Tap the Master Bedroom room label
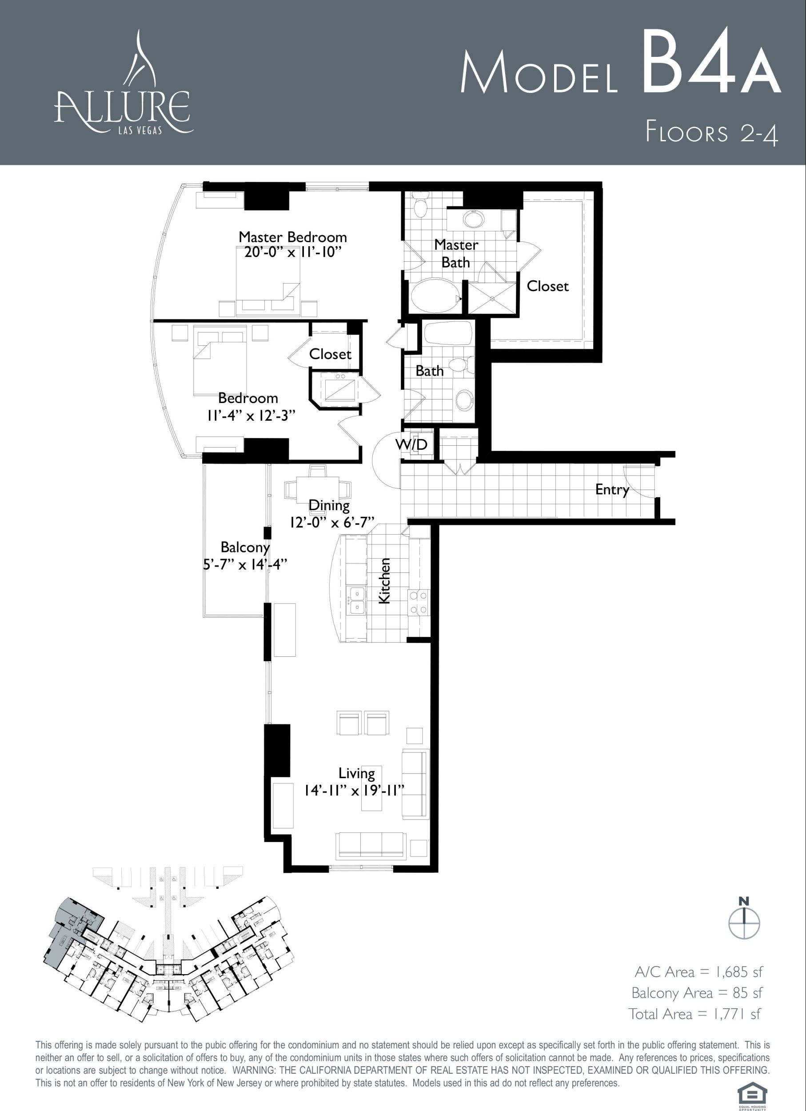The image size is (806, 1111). coord(293,237)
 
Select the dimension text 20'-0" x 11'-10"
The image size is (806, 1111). coord(292,252)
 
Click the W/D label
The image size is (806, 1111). coord(411,444)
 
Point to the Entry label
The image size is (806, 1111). coord(612,490)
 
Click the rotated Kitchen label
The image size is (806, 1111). coord(384,580)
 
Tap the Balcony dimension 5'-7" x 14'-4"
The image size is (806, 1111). coord(245,564)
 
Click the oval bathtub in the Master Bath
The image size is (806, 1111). coord(435,295)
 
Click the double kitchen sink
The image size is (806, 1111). coord(356,600)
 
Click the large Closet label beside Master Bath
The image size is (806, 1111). coord(547,286)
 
